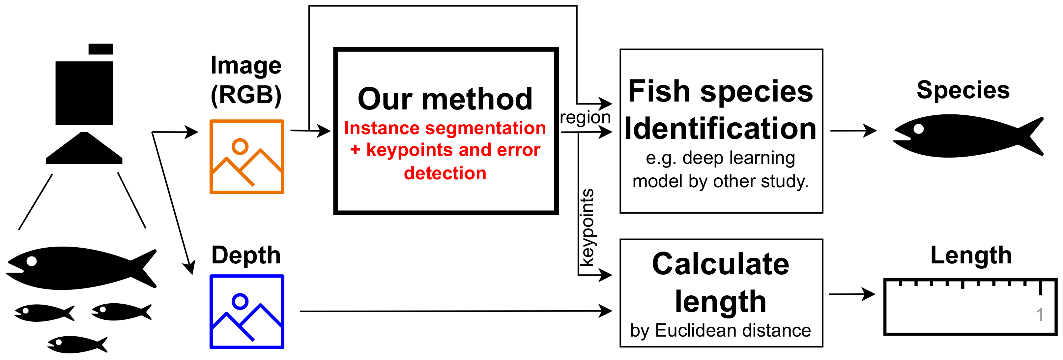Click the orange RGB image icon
[x=247, y=157]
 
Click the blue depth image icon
[x=247, y=311]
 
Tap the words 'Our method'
[x=445, y=99]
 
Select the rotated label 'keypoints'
[x=587, y=227]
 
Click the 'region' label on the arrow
[x=585, y=118]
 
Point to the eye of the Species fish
[x=919, y=129]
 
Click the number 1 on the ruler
[x=1040, y=315]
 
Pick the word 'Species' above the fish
[x=963, y=90]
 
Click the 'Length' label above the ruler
[x=971, y=255]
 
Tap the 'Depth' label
[x=246, y=255]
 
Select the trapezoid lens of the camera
[x=84, y=149]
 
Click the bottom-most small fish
[x=77, y=344]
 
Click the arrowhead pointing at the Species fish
[x=871, y=131]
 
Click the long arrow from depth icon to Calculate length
[x=454, y=311]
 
